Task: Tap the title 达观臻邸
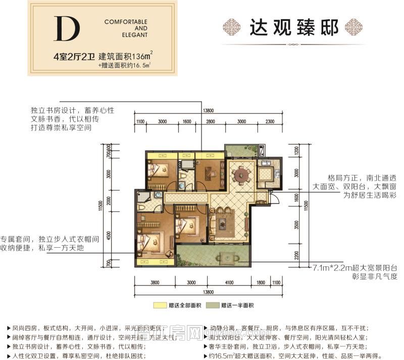tap(293, 27)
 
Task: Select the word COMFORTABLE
tap(126, 22)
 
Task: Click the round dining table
tap(238, 175)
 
